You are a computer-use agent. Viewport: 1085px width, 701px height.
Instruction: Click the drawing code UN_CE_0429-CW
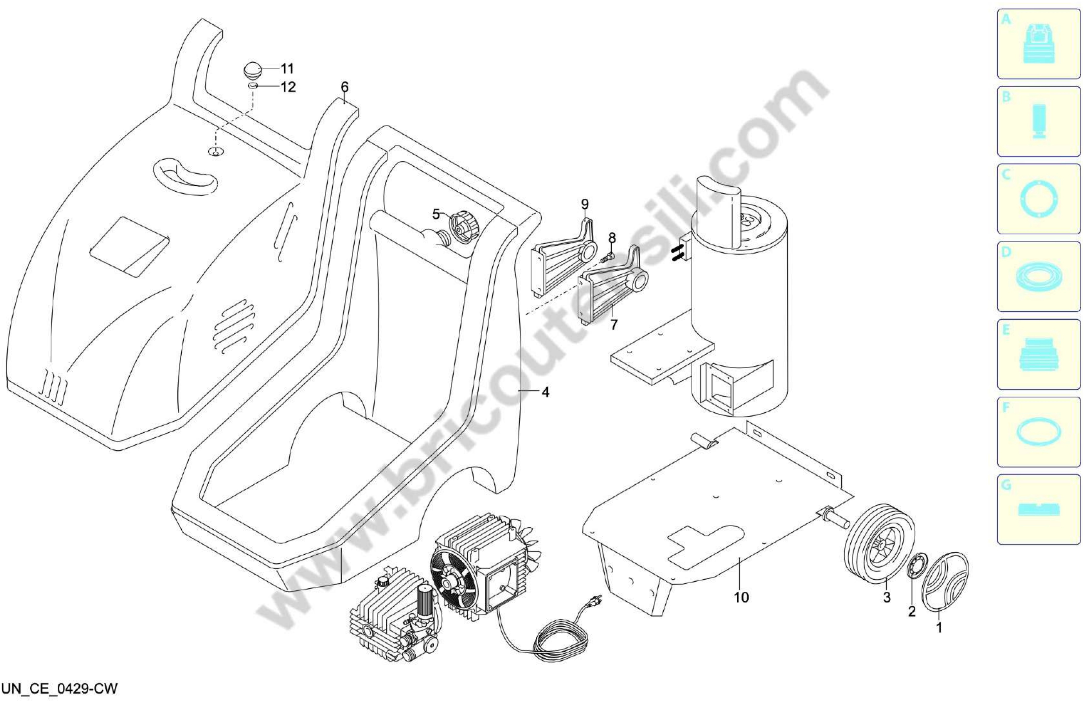tap(59, 688)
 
